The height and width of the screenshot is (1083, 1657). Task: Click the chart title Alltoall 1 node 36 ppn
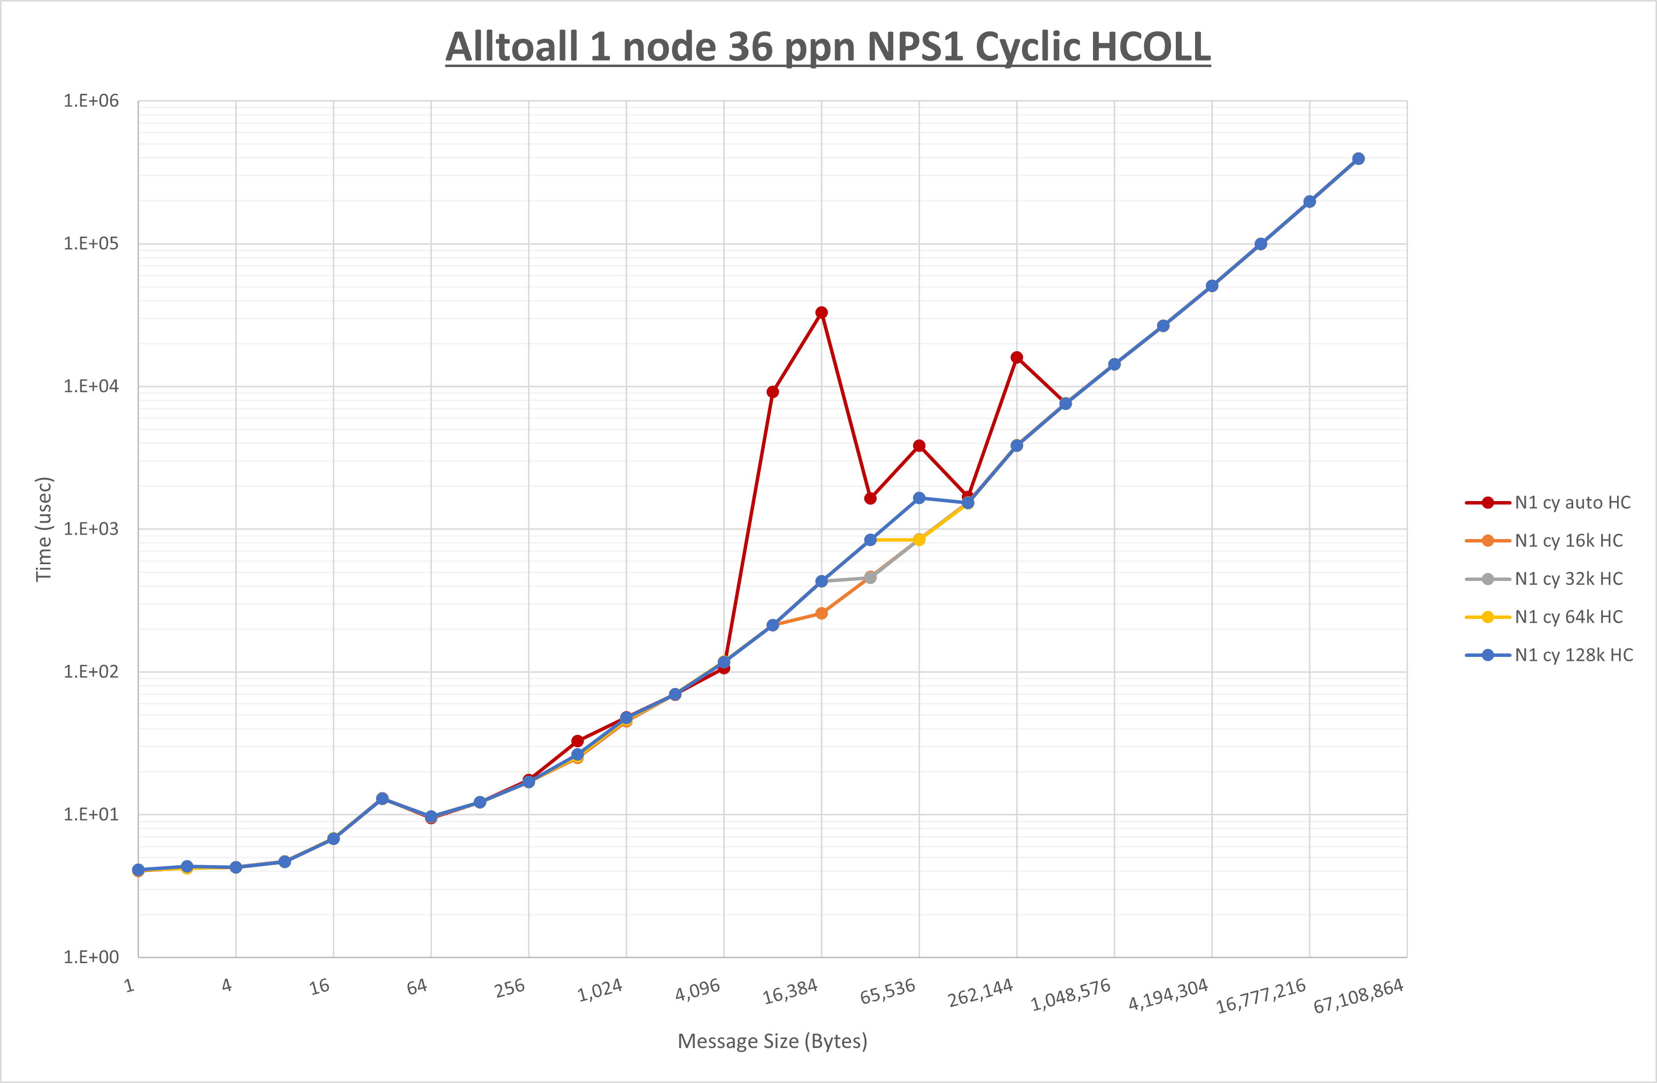pyautogui.click(x=828, y=47)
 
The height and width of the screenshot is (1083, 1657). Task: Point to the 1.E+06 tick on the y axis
pyautogui.click(x=91, y=101)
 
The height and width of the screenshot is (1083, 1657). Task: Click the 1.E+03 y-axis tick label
pyautogui.click(x=91, y=529)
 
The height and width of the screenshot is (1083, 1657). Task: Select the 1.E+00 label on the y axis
pyautogui.click(x=91, y=957)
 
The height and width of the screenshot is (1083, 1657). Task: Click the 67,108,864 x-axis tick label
pyautogui.click(x=1358, y=996)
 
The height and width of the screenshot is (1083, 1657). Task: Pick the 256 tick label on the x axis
pyautogui.click(x=510, y=988)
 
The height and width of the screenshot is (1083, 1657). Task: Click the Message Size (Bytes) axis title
pyautogui.click(x=772, y=1041)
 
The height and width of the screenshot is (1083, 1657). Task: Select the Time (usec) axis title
pyautogui.click(x=44, y=529)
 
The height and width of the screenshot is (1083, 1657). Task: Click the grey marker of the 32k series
pyautogui.click(x=870, y=578)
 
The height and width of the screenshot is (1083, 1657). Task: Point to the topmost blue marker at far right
pyautogui.click(x=1358, y=159)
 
